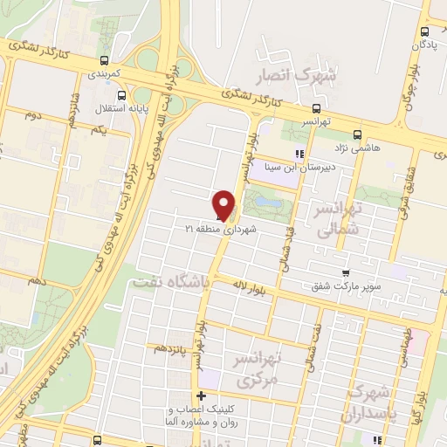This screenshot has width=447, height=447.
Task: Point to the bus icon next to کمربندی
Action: (x=105, y=61)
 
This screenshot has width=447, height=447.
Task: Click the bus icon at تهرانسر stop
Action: (x=315, y=111)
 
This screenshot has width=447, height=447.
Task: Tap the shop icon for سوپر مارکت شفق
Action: (x=347, y=273)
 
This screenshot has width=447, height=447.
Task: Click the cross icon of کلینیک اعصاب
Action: (x=202, y=396)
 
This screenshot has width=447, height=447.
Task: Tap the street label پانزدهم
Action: (x=173, y=347)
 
